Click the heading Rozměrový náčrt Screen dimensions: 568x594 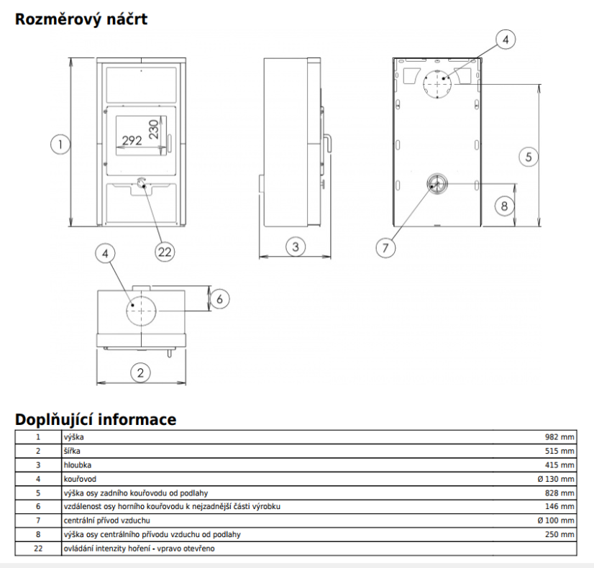tap(81, 19)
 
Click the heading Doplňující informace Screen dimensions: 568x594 tap(96, 419)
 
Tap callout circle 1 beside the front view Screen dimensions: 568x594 tap(61, 145)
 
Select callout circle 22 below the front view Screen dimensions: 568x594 tap(165, 251)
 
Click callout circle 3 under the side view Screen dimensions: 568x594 tap(295, 247)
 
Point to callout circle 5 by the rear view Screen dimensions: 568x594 tap(528, 156)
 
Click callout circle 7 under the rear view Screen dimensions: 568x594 tap(385, 247)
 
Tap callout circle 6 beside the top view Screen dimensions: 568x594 tap(220, 298)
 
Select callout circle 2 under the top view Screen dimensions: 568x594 tap(140, 372)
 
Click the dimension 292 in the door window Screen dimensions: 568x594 tap(132, 140)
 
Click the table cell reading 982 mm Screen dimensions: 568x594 tap(559, 436)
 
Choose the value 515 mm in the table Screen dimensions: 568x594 tap(559, 451)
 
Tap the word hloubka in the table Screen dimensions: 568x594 tap(76, 464)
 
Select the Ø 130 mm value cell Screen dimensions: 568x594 tap(554, 478)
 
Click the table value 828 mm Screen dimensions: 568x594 tap(559, 493)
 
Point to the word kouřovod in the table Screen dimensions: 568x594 tap(80, 478)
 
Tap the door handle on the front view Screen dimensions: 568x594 tap(169, 145)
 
